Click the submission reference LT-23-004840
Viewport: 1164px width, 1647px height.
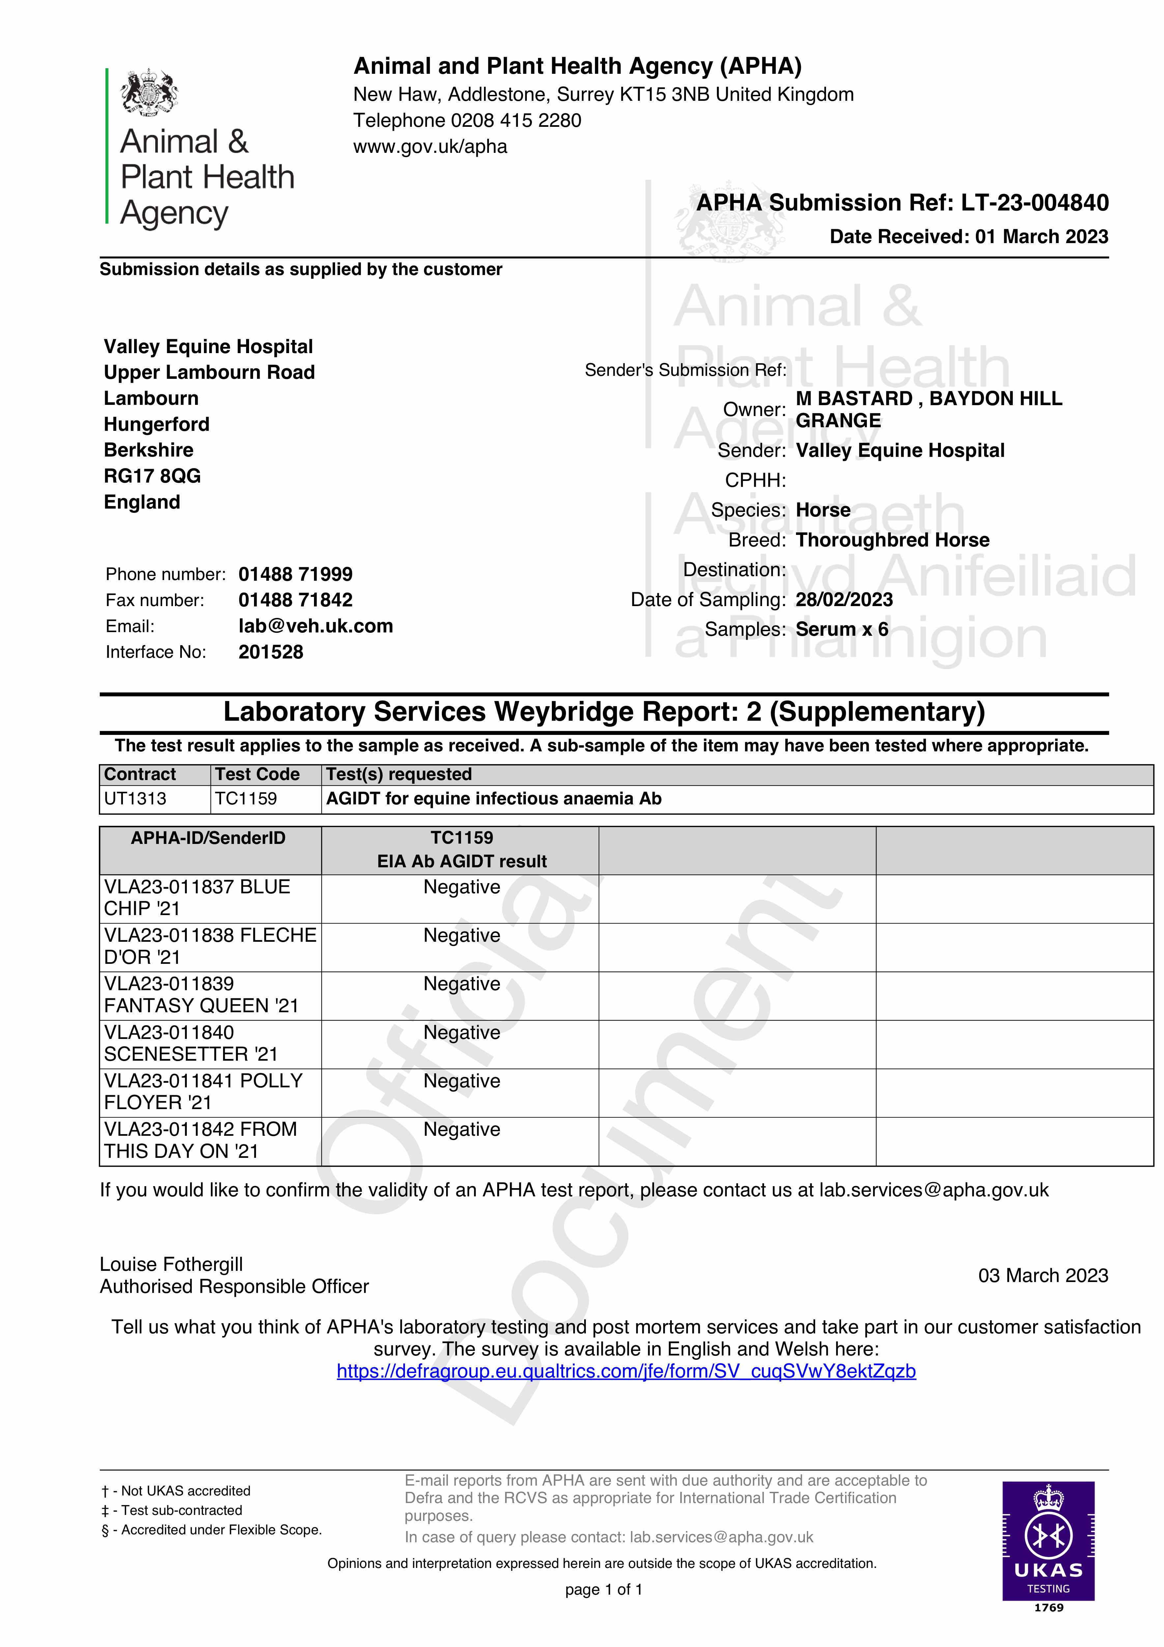coord(1035,203)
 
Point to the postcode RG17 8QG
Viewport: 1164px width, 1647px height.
coord(152,476)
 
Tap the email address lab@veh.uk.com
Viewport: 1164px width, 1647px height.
coord(316,626)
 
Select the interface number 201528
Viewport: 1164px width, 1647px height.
coord(270,652)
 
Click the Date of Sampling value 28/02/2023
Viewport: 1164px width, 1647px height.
coord(844,600)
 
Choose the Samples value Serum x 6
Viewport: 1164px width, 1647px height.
coord(842,629)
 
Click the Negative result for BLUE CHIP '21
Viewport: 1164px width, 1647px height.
coord(462,887)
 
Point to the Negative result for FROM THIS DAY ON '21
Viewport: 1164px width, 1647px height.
coord(462,1130)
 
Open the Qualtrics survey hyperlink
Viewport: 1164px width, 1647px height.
coord(626,1372)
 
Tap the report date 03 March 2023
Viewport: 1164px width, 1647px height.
coord(1043,1275)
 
